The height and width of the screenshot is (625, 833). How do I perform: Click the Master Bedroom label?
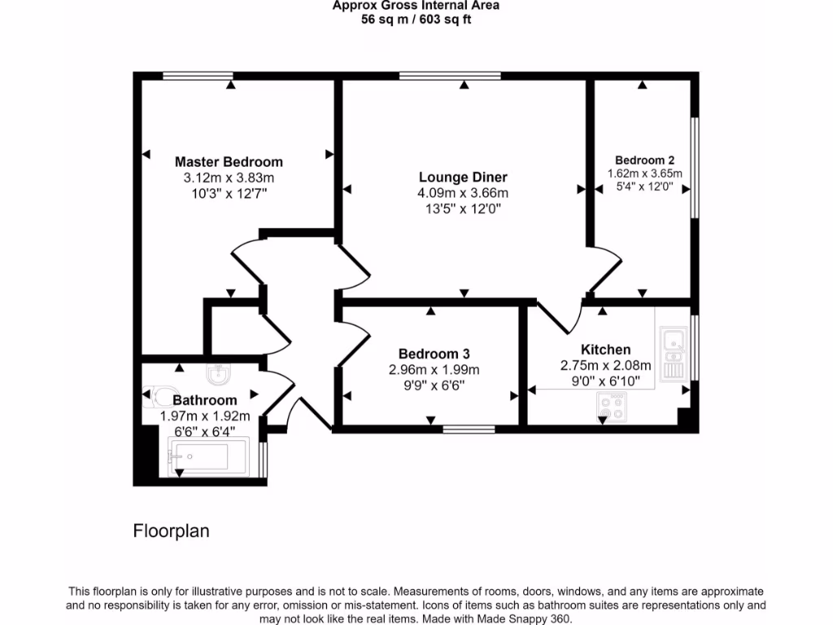[x=229, y=161]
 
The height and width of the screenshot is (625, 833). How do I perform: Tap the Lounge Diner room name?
[x=463, y=177]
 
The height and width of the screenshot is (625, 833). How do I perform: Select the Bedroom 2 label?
[x=644, y=160]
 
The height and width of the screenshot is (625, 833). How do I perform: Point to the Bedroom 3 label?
[x=434, y=354]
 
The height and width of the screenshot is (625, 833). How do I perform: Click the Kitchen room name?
[x=605, y=350]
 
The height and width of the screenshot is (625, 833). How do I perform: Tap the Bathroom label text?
[x=205, y=400]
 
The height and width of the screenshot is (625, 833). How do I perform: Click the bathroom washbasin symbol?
[x=219, y=374]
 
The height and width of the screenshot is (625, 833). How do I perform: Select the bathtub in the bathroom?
[x=198, y=457]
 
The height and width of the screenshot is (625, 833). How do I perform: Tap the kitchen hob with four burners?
[x=613, y=407]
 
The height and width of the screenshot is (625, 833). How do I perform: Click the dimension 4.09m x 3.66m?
[x=463, y=193]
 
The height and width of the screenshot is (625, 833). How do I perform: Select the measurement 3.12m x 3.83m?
[x=229, y=177]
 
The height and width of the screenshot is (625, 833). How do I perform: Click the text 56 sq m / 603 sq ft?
[x=416, y=20]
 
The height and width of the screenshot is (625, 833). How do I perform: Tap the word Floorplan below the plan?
[x=171, y=531]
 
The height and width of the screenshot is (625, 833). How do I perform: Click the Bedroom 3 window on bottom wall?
[x=468, y=427]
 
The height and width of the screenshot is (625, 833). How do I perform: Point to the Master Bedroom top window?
[x=198, y=76]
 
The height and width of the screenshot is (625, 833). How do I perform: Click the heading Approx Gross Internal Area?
[x=416, y=6]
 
